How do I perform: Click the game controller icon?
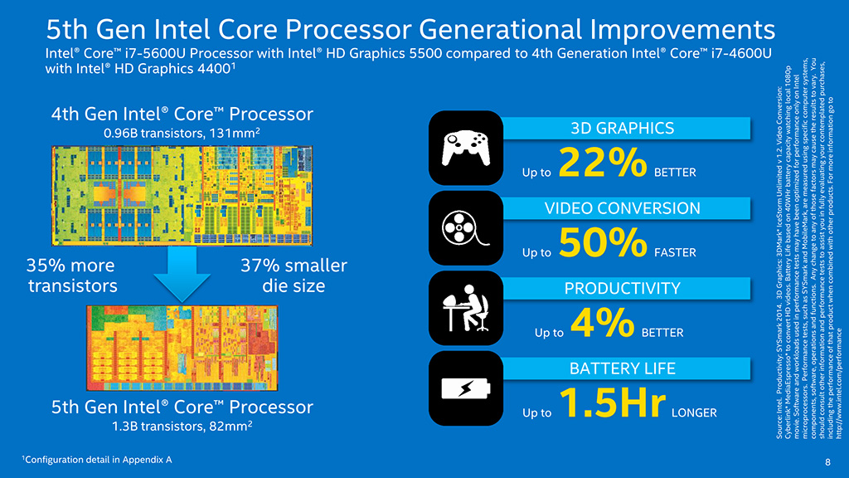[465, 147]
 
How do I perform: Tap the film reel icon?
[465, 226]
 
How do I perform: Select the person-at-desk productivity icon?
[465, 306]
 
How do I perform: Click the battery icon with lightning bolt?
[465, 388]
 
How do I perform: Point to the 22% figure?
[602, 163]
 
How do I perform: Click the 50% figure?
[602, 242]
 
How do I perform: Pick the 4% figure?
[602, 322]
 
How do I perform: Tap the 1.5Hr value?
[614, 402]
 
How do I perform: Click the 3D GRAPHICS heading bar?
[622, 128]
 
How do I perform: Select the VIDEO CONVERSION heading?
[622, 207]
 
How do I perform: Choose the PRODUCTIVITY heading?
[622, 288]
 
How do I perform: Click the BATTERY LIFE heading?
[622, 368]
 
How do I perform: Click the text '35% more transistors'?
[71, 276]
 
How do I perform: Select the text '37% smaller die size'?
[293, 276]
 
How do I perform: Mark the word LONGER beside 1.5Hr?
[693, 412]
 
